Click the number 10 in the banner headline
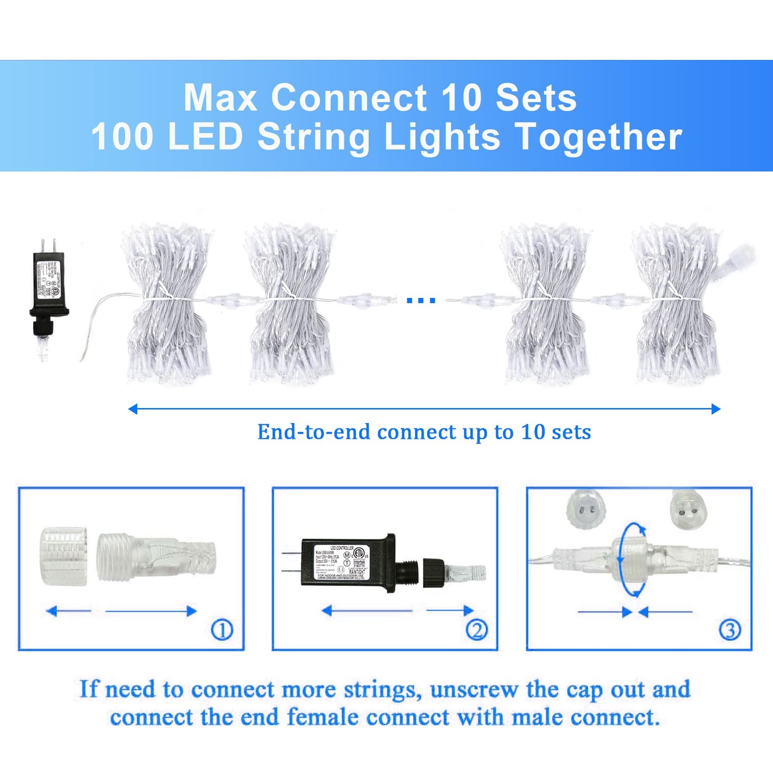(462, 98)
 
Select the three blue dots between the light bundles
(421, 300)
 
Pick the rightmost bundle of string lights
(677, 303)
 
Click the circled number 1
(222, 630)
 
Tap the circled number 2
(476, 630)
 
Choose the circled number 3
(730, 630)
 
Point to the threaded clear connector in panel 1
(156, 556)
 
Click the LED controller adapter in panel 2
(348, 563)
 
